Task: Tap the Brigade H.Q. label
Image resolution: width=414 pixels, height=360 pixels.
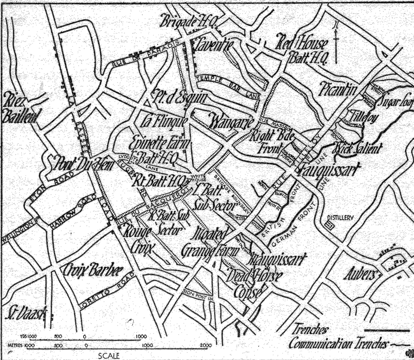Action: coord(187,22)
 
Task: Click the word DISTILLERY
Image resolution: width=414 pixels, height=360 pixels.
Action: coord(341,218)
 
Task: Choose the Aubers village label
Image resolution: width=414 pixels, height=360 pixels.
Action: coord(361,275)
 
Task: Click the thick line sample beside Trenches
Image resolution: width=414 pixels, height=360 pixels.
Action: coord(387,330)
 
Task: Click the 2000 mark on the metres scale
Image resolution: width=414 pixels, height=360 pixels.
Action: coord(205,345)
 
